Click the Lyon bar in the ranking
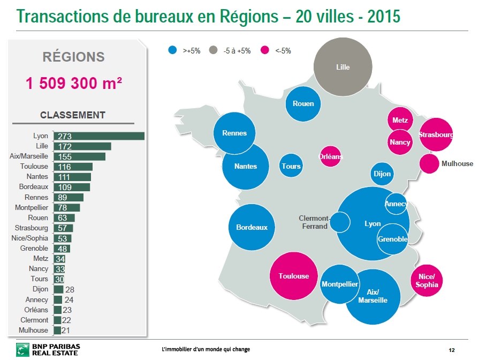tap(99, 136)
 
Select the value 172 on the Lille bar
tap(65, 146)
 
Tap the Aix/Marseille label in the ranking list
tap(29, 156)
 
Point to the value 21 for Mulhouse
tap(66, 330)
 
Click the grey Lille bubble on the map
tap(343, 67)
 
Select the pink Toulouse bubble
tap(294, 276)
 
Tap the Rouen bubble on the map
tap(303, 103)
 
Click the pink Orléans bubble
tap(330, 156)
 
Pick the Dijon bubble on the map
tap(382, 174)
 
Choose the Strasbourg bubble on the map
tap(436, 135)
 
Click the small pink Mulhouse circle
tap(429, 163)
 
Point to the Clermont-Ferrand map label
tap(314, 222)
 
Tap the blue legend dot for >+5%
tap(172, 50)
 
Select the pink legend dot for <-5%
tap(264, 50)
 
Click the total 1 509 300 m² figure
tap(74, 83)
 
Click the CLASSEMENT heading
tap(73, 115)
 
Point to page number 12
tap(451, 350)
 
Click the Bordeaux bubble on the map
tap(252, 227)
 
